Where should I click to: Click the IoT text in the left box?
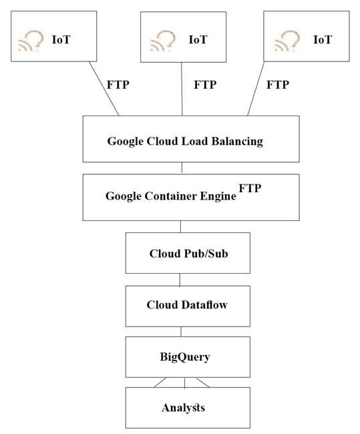click(61, 39)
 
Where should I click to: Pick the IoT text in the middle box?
click(198, 39)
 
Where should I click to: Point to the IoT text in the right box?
click(323, 39)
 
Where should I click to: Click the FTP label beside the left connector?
click(118, 85)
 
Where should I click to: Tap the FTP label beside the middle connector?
click(205, 85)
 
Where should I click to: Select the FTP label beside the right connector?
click(278, 85)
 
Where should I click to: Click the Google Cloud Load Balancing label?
click(185, 142)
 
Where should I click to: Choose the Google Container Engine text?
click(171, 196)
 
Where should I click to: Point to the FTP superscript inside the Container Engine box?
click(250, 189)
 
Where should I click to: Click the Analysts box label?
click(183, 407)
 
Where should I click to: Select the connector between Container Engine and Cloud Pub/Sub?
click(180, 226)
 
